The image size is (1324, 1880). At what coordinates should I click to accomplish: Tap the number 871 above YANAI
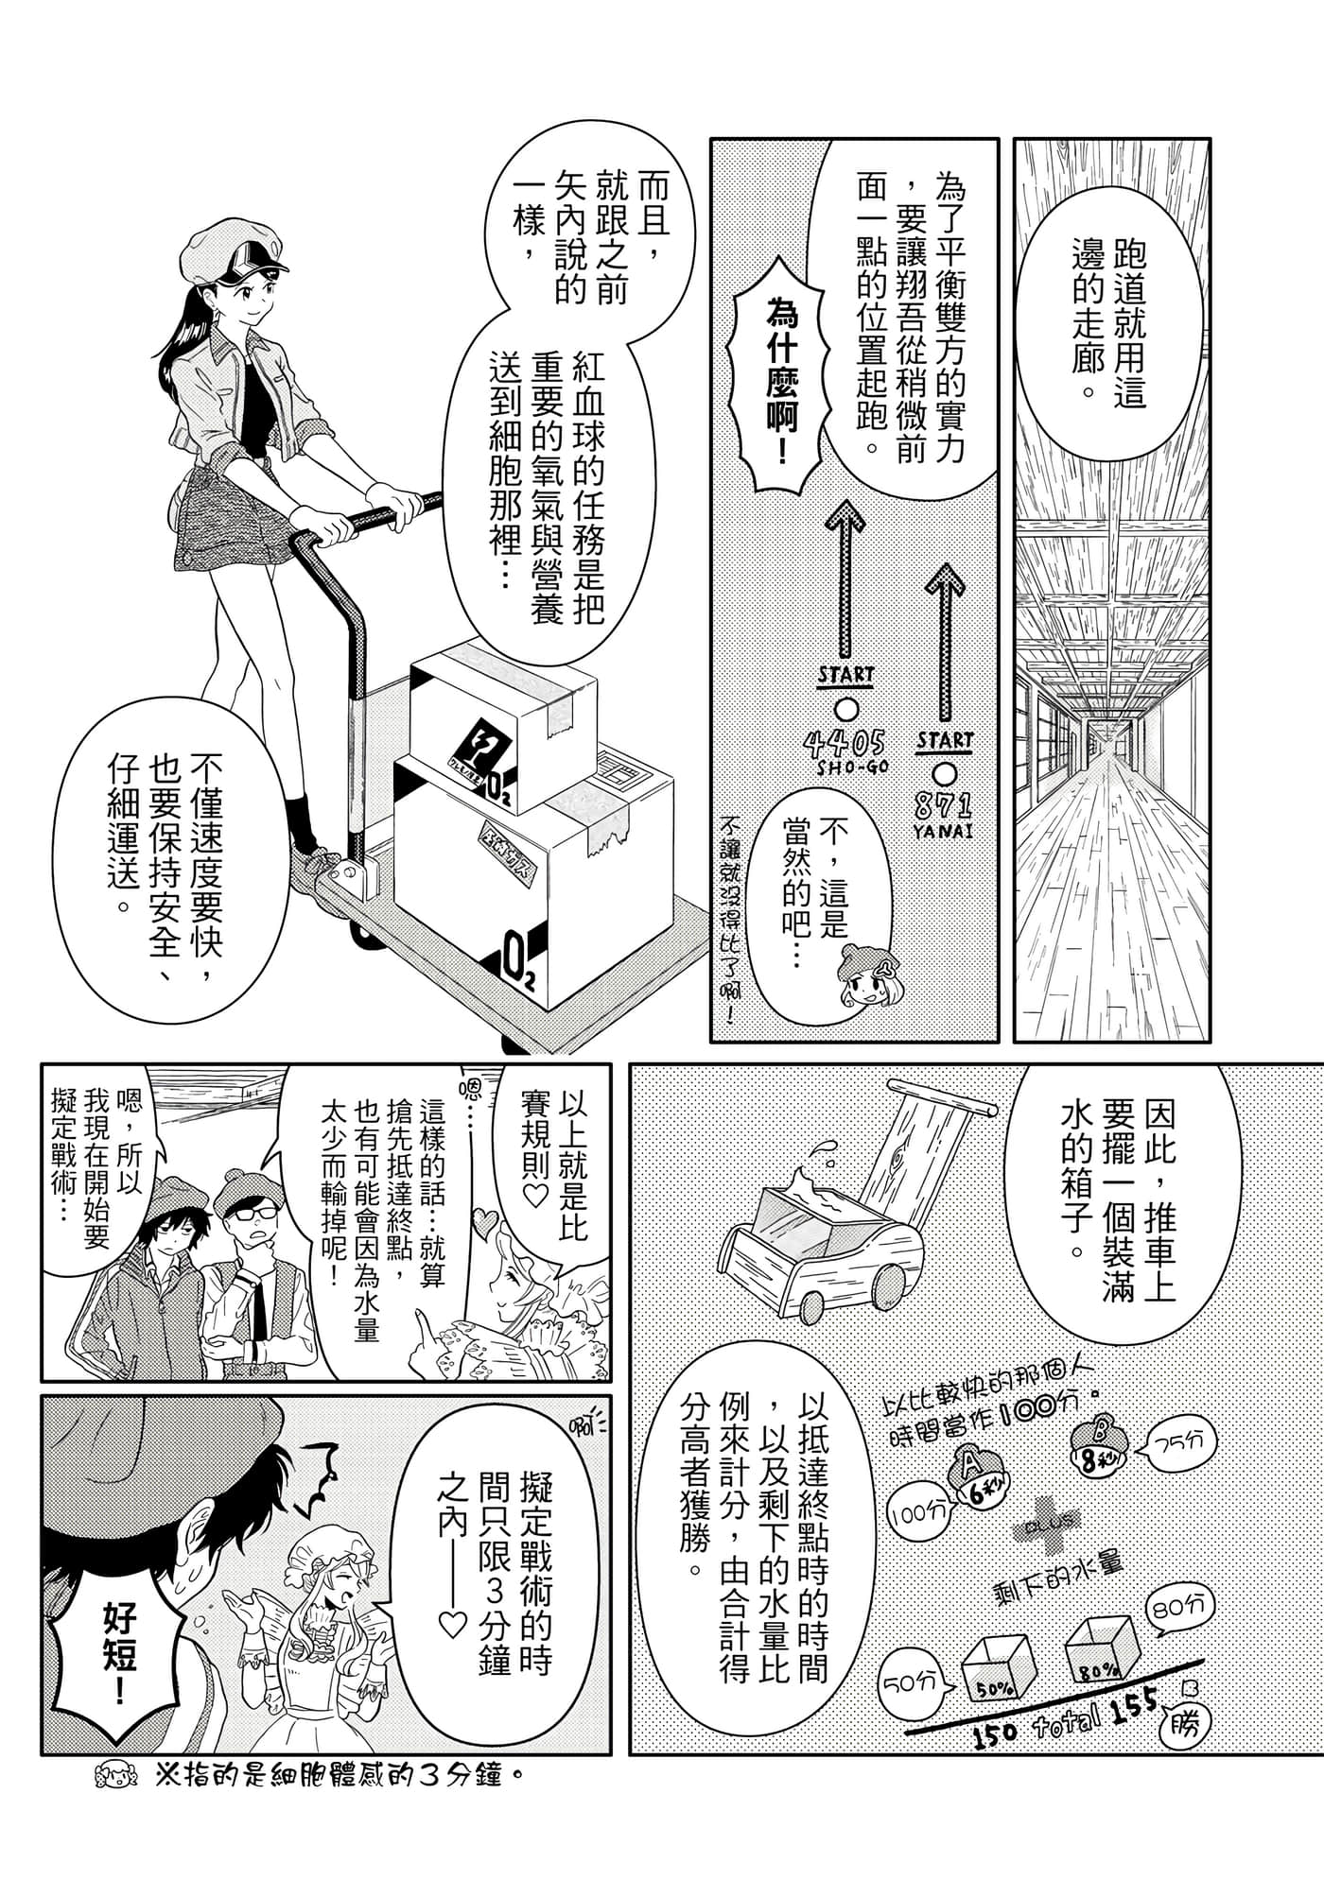coord(944,805)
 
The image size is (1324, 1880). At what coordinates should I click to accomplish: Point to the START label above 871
coord(945,740)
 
